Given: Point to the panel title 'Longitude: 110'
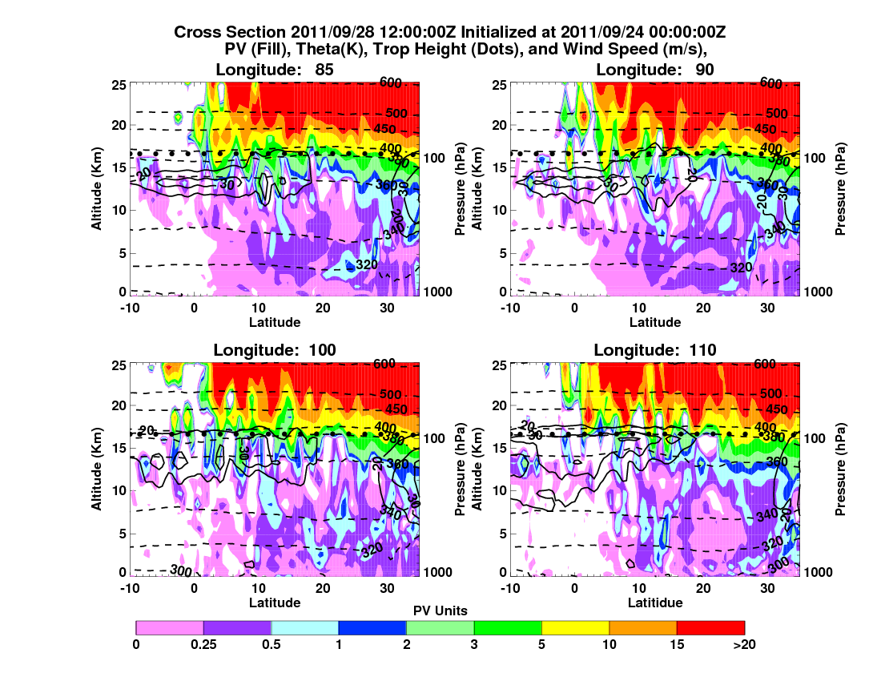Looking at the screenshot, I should [655, 349].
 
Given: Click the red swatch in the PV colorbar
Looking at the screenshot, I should [710, 627].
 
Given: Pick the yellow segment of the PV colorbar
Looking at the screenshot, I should [575, 627].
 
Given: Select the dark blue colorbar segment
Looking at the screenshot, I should [372, 627].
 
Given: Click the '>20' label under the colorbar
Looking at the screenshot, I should [744, 643].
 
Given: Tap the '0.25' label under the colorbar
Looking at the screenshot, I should [204, 643].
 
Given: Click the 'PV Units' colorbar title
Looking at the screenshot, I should [440, 610].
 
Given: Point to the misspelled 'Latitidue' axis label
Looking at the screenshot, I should [655, 602].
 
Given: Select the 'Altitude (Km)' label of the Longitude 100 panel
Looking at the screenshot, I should [96, 469].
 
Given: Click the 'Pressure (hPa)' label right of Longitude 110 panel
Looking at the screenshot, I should [840, 469].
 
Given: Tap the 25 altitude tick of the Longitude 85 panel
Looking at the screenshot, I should [118, 84].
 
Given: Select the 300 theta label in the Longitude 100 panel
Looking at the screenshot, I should [181, 570].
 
